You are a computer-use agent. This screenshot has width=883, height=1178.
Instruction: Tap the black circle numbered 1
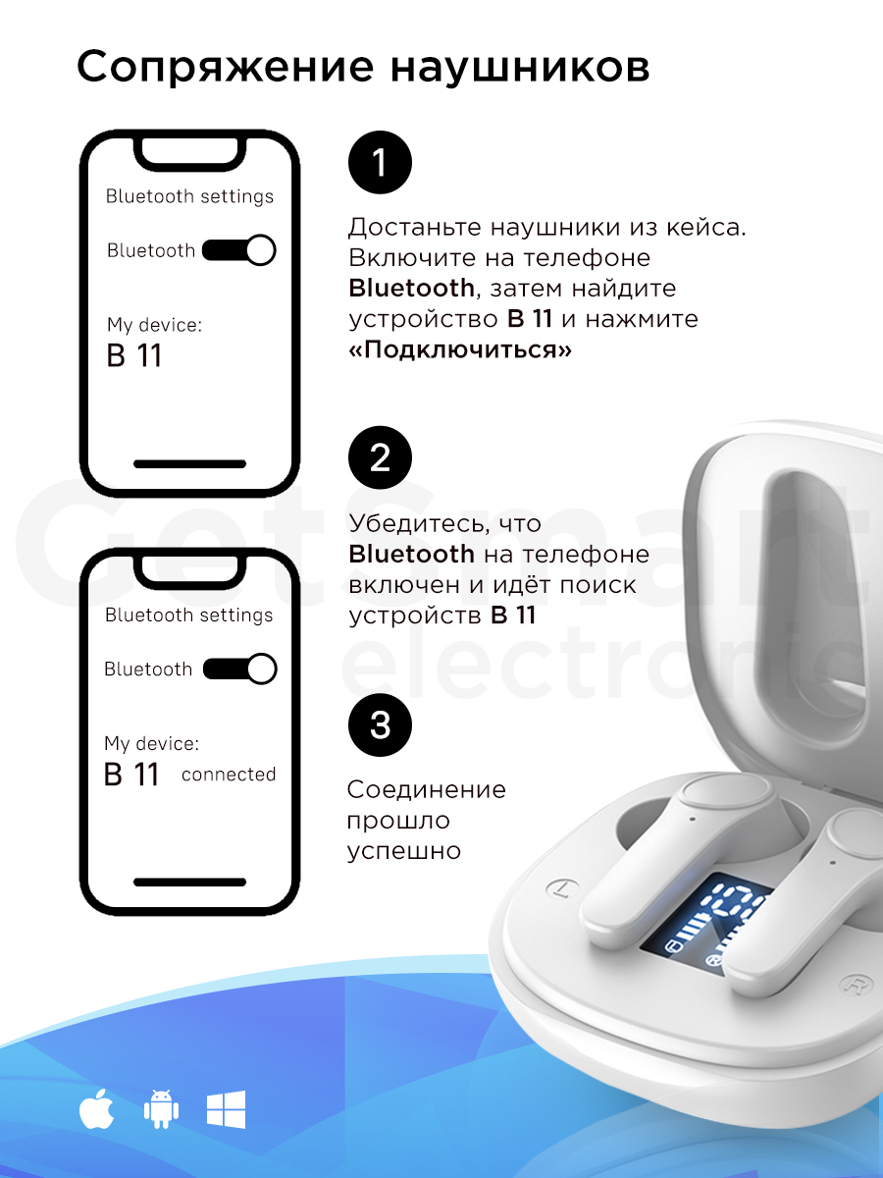pos(380,162)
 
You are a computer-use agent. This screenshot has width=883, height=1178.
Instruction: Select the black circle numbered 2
pos(380,457)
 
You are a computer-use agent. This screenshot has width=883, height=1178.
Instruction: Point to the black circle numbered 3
pos(380,725)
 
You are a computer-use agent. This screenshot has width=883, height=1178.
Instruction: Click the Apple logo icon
pos(96,1109)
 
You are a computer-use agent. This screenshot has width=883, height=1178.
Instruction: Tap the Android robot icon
pos(161,1109)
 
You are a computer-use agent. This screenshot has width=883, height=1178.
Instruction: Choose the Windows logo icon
pos(227,1109)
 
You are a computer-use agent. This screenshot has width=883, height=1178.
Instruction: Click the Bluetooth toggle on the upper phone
pos(238,250)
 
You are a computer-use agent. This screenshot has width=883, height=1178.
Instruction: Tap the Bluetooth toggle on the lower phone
pos(239,669)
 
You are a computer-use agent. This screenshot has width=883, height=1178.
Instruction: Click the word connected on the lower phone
pos(229,775)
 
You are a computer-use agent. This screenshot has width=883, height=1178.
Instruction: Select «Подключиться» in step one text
pos(460,349)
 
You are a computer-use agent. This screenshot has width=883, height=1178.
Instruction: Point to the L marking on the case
pos(562,888)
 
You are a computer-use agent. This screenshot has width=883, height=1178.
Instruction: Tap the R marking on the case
pos(853,985)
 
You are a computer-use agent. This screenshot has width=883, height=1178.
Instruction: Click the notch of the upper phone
pos(189,153)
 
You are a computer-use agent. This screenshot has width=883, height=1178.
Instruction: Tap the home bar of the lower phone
pos(189,883)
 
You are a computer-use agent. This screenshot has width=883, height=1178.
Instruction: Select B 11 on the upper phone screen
pos(133,355)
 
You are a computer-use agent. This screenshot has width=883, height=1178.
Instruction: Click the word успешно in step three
pos(403,851)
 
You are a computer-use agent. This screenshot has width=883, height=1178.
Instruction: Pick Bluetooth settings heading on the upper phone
pos(189,197)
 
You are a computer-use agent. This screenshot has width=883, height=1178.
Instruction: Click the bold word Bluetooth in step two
pos(411,554)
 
